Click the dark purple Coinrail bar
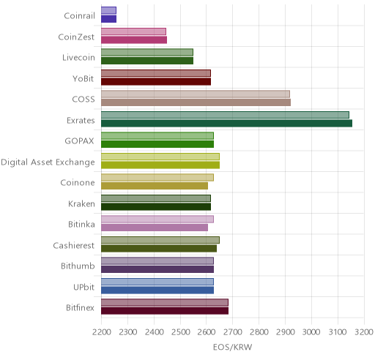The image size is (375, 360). [108, 19]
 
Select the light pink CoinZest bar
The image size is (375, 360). [133, 31]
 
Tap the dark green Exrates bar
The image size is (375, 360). [226, 123]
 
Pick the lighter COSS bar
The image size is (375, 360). [196, 94]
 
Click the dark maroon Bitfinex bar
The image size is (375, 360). [165, 311]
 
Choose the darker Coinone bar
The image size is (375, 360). [155, 186]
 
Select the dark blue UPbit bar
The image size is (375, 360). [157, 290]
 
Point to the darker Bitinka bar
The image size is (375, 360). [155, 228]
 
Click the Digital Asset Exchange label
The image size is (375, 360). [48, 162]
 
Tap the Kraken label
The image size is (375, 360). [81, 203]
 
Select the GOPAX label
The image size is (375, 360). [80, 141]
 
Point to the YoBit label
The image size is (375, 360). [83, 78]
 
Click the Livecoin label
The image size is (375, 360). [78, 58]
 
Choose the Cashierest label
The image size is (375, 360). [74, 245]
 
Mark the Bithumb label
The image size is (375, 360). [78, 266]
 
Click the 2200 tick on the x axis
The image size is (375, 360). [102, 332]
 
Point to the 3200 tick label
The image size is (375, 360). [364, 332]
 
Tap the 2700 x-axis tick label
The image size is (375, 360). [233, 332]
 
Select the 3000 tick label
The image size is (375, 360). [311, 332]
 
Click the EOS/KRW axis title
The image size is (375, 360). [232, 347]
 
